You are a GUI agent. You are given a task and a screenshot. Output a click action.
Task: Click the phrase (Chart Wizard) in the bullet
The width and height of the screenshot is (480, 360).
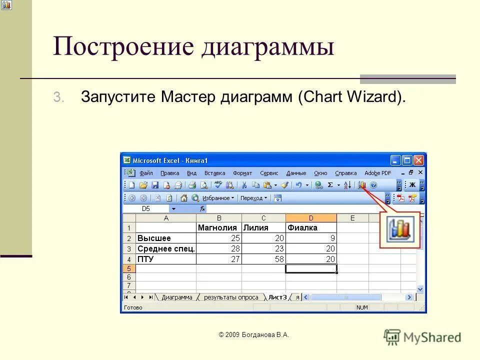[351, 96]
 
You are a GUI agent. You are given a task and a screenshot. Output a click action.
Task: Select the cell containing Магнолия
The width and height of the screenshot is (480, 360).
[219, 227]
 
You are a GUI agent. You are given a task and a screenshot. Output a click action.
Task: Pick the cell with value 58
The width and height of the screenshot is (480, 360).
[263, 259]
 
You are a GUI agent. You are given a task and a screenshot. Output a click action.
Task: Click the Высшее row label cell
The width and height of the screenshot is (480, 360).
[165, 238]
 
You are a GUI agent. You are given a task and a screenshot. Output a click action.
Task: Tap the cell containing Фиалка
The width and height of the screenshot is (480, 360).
[310, 227]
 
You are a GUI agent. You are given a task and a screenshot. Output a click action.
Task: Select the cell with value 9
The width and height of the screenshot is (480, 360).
[310, 238]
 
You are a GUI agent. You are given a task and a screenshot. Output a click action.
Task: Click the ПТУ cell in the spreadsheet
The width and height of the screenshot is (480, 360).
[165, 259]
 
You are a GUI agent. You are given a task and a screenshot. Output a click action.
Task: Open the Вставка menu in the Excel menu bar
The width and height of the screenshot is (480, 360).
[214, 173]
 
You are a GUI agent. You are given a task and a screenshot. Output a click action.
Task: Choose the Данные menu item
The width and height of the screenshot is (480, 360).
[296, 173]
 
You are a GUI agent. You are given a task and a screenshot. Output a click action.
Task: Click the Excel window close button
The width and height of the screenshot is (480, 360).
[418, 160]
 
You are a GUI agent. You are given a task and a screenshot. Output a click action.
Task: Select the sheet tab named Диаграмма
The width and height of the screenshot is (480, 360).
[177, 297]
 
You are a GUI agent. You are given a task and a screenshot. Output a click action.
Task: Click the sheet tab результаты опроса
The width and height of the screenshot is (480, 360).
[231, 297]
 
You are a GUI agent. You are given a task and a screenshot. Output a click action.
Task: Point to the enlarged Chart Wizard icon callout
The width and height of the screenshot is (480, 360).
[400, 229]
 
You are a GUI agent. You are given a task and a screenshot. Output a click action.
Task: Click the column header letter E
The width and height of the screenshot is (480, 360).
[352, 218]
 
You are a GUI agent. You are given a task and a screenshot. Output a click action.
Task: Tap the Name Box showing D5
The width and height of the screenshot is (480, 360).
[146, 208]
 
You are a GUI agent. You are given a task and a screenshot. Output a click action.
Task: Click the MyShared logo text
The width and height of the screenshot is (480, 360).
[432, 337]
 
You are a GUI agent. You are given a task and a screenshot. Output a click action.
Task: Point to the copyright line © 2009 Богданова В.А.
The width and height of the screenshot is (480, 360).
[254, 335]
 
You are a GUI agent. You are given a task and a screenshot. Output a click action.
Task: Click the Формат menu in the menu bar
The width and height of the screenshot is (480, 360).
[242, 173]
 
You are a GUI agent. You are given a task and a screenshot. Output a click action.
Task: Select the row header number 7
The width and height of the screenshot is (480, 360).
[128, 285]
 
